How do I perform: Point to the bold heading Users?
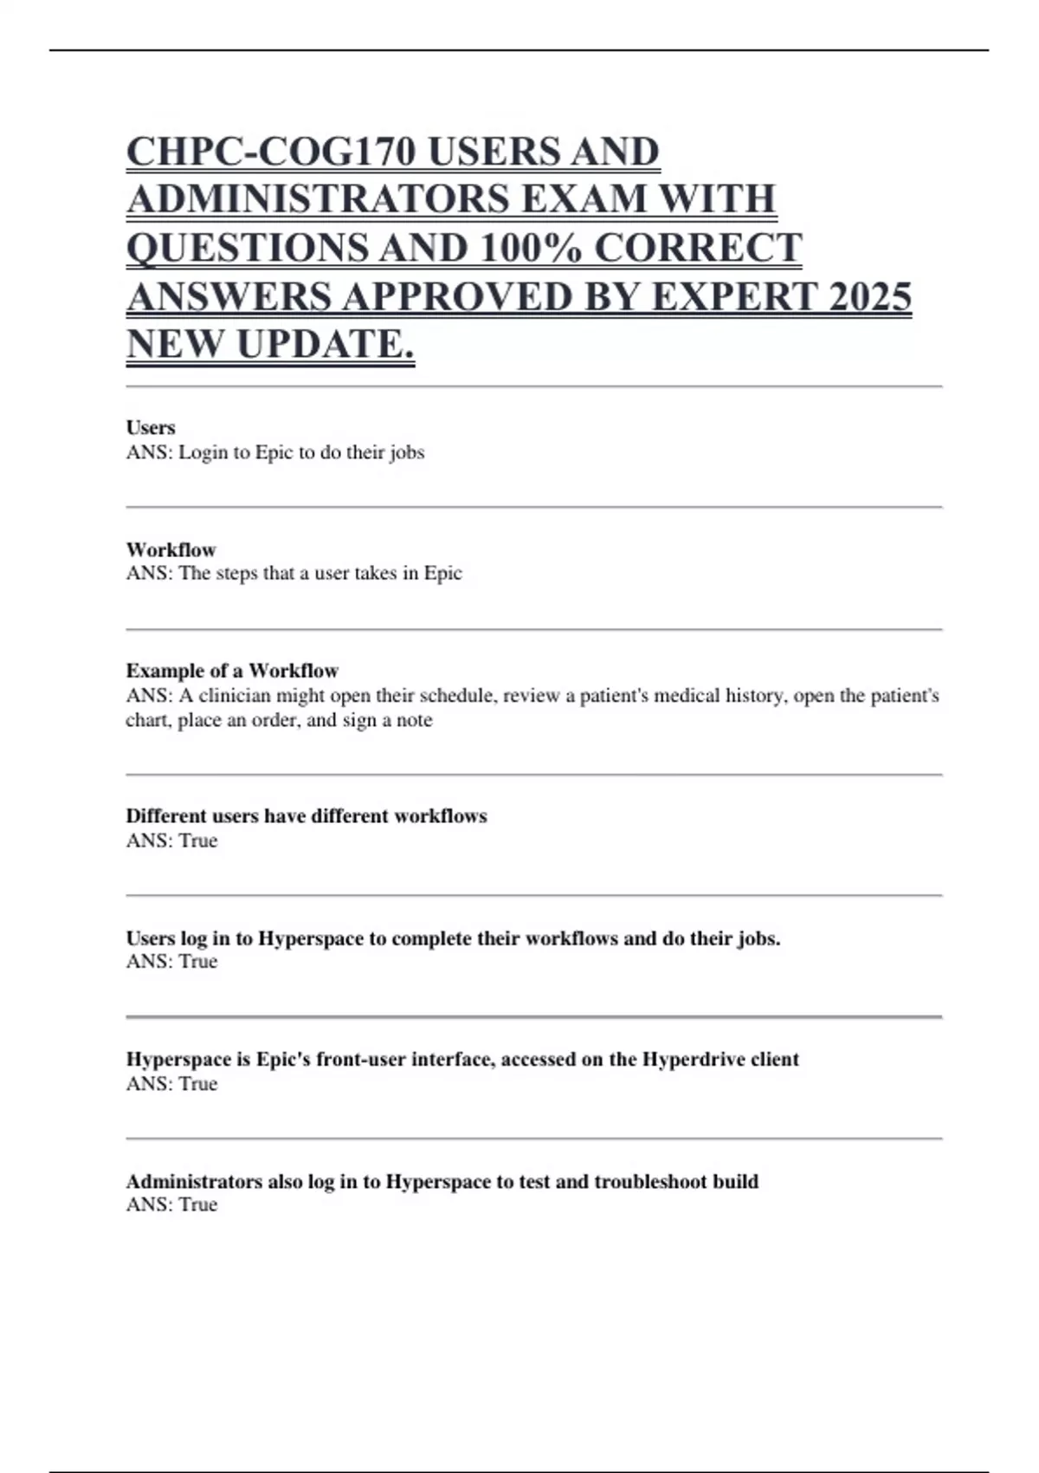(x=151, y=427)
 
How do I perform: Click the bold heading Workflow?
(x=171, y=549)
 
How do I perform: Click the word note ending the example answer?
(x=414, y=720)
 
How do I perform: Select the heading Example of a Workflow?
(x=232, y=671)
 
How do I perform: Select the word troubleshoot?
(x=650, y=1182)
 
